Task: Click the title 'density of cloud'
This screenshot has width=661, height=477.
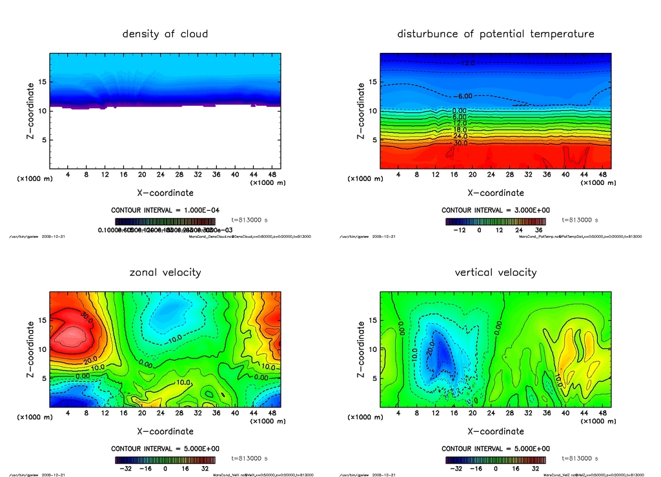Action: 165,34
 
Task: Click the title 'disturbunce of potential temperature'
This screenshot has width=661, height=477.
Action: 496,34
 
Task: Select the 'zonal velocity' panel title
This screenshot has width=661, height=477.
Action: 165,272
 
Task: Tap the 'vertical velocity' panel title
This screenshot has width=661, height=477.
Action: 496,272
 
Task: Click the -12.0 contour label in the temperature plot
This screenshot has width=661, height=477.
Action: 467,63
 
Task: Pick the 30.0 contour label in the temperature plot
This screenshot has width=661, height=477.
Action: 460,143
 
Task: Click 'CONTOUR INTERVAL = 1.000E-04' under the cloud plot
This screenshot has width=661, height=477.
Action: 165,211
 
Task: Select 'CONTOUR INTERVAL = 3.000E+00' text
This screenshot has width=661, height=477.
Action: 496,211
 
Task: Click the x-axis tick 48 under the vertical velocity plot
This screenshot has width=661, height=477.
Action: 602,413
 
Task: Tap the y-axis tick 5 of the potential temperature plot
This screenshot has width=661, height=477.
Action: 372,140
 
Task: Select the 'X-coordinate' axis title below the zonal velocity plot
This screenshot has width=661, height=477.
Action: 165,431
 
